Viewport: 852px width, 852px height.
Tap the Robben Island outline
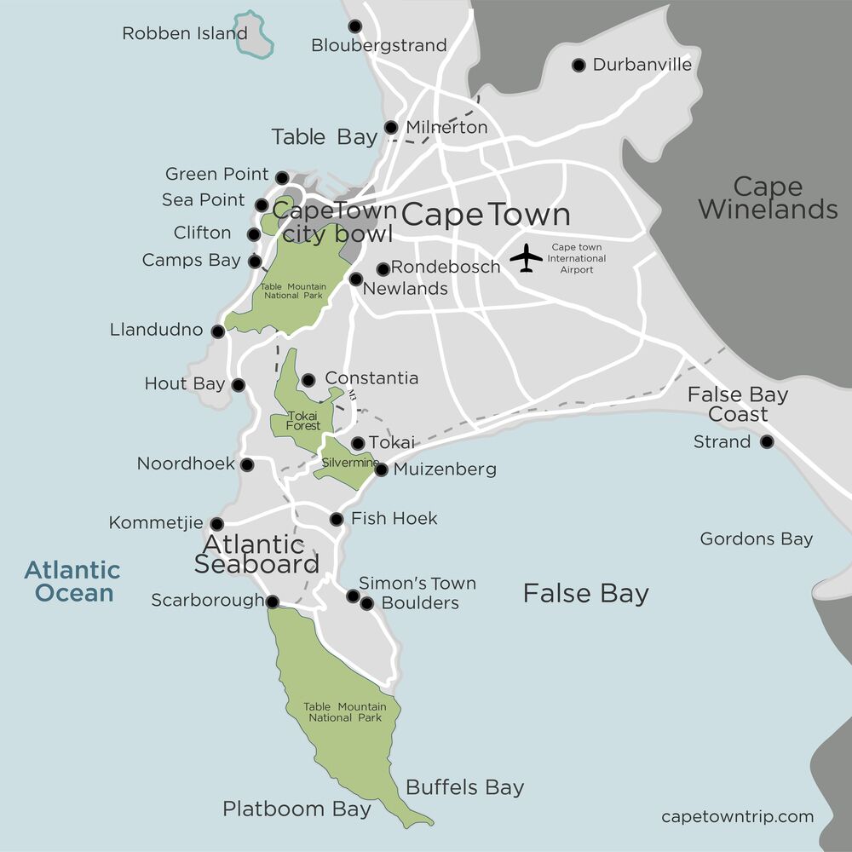[254, 34]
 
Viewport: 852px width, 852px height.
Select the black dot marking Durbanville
[579, 65]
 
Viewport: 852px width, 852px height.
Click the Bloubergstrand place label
[379, 46]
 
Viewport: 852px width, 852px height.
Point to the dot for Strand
[767, 441]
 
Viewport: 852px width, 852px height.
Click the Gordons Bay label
[756, 539]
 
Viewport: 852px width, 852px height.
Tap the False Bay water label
[585, 594]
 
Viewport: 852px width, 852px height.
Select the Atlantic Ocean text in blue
[72, 581]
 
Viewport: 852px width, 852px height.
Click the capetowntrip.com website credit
[737, 817]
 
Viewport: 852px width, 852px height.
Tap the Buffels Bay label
[464, 787]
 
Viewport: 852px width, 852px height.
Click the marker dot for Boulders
[367, 603]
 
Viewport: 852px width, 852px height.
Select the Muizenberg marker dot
[381, 469]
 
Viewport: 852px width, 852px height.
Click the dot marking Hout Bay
[238, 385]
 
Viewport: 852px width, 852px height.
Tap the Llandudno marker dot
[218, 331]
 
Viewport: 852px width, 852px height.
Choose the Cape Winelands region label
[769, 198]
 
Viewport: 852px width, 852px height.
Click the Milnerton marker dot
[391, 128]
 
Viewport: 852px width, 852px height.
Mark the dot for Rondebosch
[383, 268]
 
